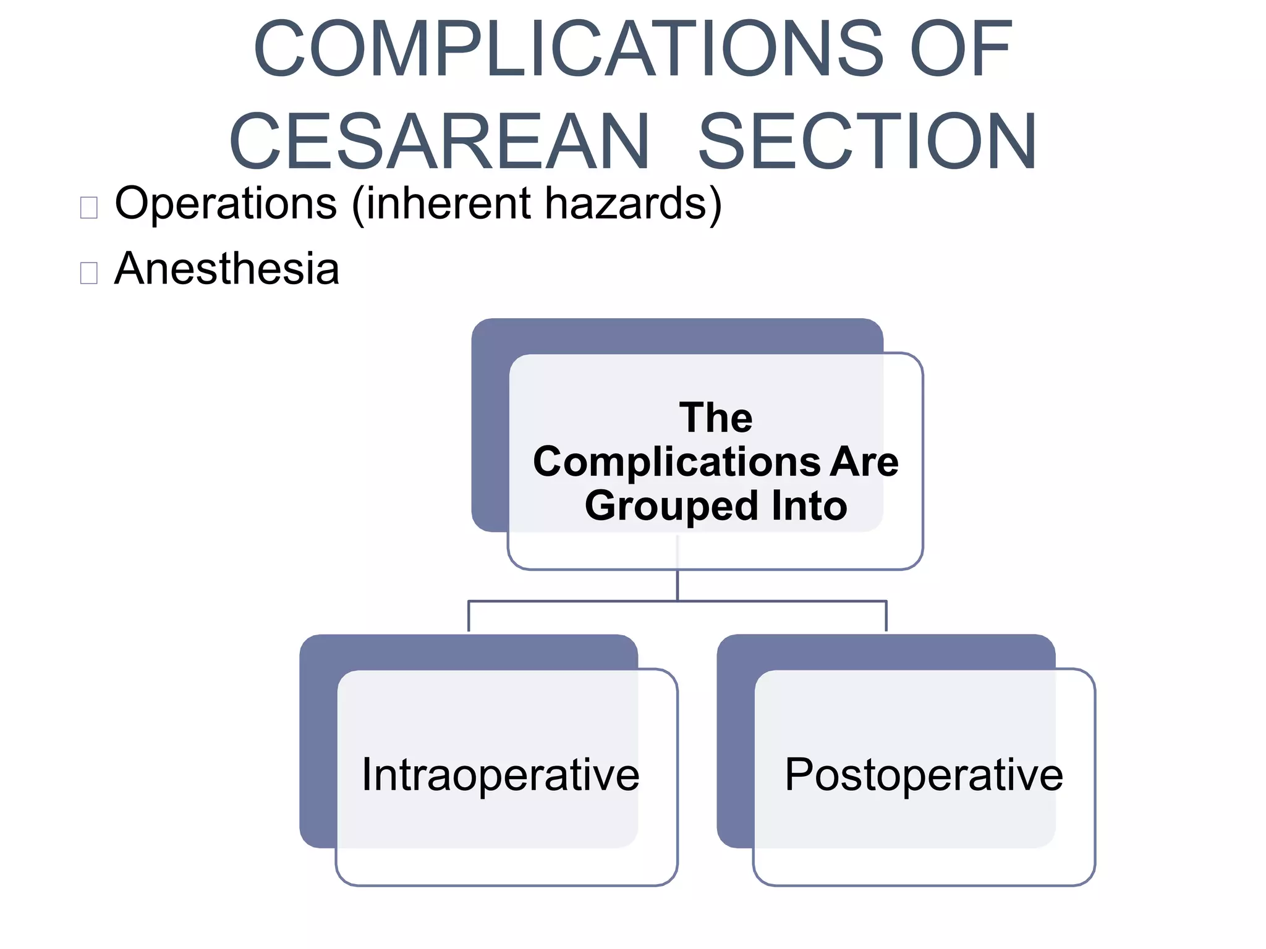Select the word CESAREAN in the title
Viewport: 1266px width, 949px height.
click(440, 141)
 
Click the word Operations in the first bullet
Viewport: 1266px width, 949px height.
click(226, 203)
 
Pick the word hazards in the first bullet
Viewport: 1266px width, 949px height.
click(625, 203)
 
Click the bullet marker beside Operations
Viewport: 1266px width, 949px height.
click(89, 208)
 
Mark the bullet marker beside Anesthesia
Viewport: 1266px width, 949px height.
click(89, 272)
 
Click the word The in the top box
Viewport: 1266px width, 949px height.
click(716, 418)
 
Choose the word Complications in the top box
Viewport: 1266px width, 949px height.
click(676, 462)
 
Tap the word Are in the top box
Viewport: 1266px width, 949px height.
click(864, 462)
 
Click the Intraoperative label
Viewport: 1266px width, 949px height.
click(500, 775)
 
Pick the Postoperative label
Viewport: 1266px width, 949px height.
click(924, 775)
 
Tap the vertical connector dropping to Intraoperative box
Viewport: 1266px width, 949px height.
click(469, 616)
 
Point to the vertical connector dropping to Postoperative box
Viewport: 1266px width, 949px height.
click(886, 616)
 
